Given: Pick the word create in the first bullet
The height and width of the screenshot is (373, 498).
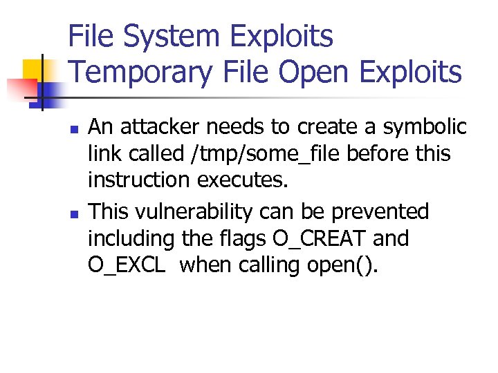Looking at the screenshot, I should click(x=325, y=128).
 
